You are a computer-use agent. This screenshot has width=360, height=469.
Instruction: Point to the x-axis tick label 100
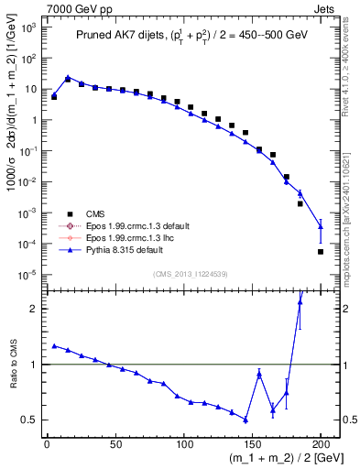pyautogui.click(x=184, y=443)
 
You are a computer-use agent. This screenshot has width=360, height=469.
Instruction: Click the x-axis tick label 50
pyautogui.click(x=115, y=443)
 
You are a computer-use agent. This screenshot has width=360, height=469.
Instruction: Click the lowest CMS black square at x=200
pyautogui.click(x=321, y=251)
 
